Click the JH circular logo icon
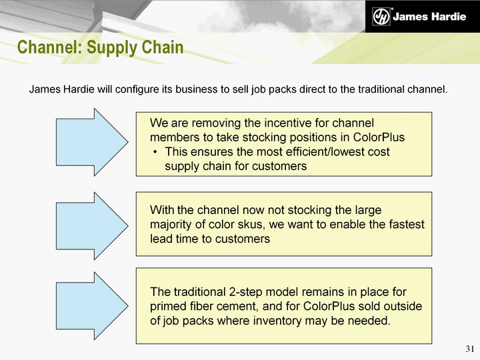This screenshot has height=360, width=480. pyautogui.click(x=381, y=16)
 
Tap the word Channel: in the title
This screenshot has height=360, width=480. pyautogui.click(x=49, y=47)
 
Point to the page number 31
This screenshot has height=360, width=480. pyautogui.click(x=470, y=349)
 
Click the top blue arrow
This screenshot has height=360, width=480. pyautogui.click(x=92, y=142)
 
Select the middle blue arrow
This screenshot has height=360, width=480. pyautogui.click(x=92, y=226)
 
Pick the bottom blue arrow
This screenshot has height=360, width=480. pyautogui.click(x=92, y=306)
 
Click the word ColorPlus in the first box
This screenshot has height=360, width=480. pyautogui.click(x=379, y=137)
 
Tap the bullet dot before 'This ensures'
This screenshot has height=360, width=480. pyautogui.click(x=155, y=152)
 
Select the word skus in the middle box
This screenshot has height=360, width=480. pyautogui.click(x=252, y=225)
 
